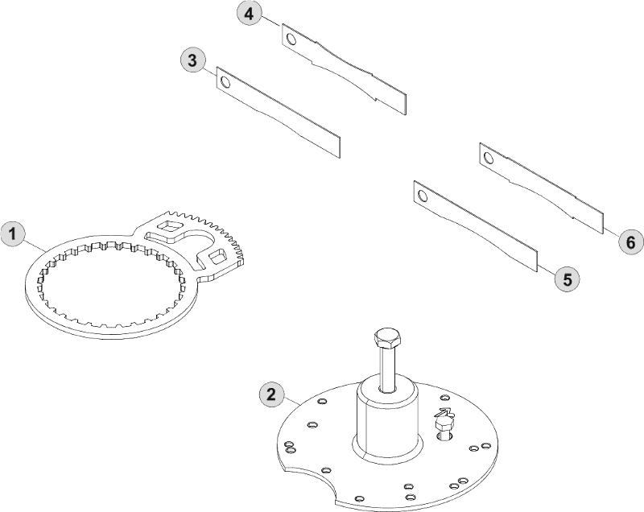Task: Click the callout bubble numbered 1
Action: pos(13,234)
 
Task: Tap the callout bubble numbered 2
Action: pos(271,395)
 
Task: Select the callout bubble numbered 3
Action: pos(192,60)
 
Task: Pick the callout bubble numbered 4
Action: pos(250,14)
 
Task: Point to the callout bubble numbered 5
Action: pos(568,279)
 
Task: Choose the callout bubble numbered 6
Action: pos(631,242)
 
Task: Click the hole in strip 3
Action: pos(225,83)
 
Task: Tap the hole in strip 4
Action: pos(291,39)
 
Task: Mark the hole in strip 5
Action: pos(422,196)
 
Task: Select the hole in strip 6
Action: pos(489,158)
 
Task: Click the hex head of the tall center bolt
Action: pos(388,338)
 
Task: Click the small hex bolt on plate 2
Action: pos(444,427)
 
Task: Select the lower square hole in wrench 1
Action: pos(217,258)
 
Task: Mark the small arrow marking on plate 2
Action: pos(444,412)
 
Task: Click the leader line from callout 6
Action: pos(611,232)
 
